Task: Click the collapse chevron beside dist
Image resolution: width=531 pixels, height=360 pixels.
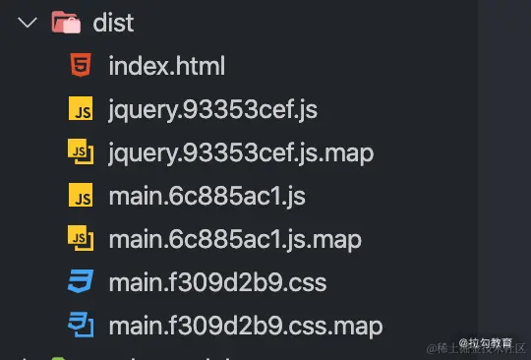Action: (x=27, y=22)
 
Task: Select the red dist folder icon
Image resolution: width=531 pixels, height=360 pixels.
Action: (x=66, y=22)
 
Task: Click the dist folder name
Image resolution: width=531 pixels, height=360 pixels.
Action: (x=115, y=22)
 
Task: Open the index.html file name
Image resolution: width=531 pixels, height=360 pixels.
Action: (x=167, y=67)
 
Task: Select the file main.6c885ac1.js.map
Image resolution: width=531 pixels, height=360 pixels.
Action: (x=235, y=240)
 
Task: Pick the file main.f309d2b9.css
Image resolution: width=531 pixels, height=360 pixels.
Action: (x=217, y=283)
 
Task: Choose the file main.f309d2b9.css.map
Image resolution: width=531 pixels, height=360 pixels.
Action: (x=246, y=326)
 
